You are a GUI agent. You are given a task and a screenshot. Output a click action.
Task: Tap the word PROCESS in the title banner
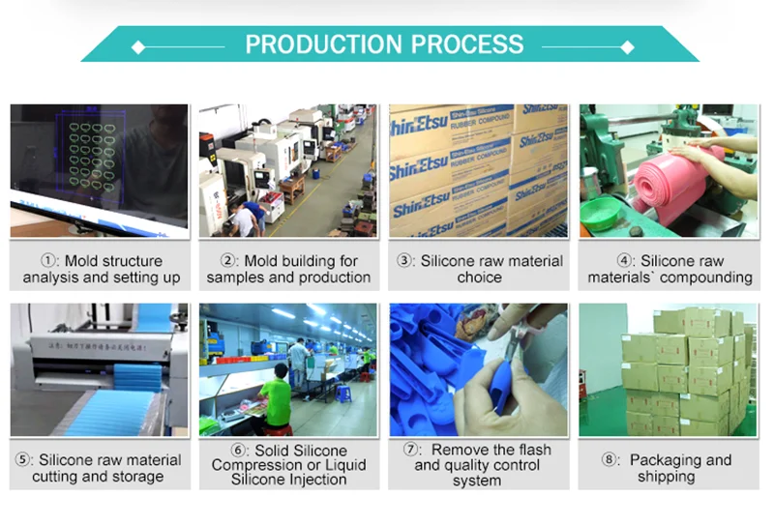[466, 44]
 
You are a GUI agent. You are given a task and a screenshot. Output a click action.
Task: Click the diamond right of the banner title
[628, 46]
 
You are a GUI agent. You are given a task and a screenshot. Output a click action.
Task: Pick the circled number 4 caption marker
[626, 261]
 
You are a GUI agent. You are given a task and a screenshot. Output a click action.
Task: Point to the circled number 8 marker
[610, 460]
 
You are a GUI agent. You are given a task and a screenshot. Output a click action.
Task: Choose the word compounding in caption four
[706, 277]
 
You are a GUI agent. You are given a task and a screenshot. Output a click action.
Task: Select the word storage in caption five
[137, 477]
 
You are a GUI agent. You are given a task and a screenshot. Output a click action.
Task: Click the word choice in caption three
[479, 277]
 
